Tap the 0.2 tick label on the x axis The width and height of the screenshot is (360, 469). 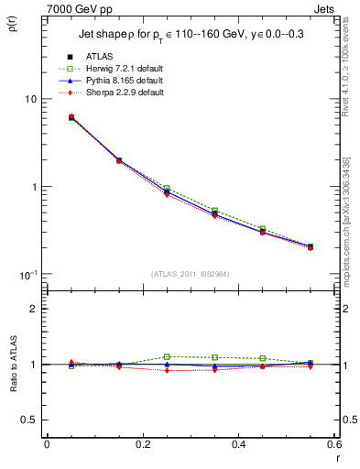pyautogui.click(x=142, y=444)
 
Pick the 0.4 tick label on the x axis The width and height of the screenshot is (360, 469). pyautogui.click(x=238, y=444)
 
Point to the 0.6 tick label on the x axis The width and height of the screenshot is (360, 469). pyautogui.click(x=334, y=444)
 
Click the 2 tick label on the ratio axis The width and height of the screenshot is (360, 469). pyautogui.click(x=35, y=309)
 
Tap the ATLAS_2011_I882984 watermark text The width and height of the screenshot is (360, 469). pyautogui.click(x=190, y=274)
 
